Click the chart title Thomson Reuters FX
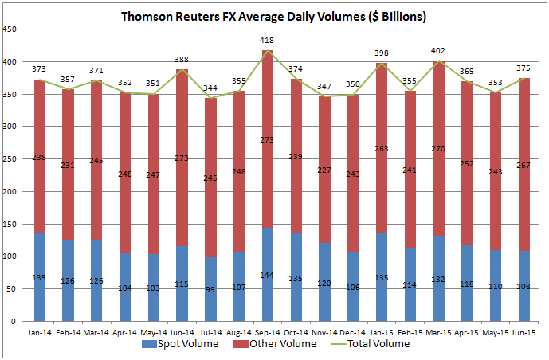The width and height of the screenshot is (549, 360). point(273,16)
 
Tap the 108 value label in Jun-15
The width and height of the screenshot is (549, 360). point(524,285)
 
